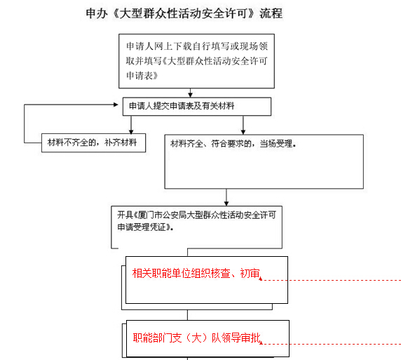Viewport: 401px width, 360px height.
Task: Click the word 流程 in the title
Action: point(271,13)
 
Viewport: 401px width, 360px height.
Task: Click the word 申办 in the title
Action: point(97,13)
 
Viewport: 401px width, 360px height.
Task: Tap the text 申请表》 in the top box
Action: point(142,76)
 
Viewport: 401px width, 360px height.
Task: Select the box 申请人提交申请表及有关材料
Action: point(197,106)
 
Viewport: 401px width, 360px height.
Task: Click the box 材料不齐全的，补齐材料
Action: point(94,142)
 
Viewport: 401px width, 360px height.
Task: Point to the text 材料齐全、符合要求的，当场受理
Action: point(233,144)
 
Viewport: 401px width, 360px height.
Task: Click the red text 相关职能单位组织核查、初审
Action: point(196,274)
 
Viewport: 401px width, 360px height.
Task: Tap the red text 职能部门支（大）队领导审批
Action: point(197,338)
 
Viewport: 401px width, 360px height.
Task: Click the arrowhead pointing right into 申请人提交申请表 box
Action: point(116,105)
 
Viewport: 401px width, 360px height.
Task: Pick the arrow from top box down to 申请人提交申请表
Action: point(190,93)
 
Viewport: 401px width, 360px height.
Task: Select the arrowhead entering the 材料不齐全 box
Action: point(131,132)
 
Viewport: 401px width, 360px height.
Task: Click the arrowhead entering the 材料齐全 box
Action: point(243,132)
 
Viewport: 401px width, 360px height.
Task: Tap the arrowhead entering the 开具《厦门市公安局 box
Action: point(226,204)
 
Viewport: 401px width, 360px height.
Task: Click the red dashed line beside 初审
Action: point(331,280)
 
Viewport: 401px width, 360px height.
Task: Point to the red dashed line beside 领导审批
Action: point(331,344)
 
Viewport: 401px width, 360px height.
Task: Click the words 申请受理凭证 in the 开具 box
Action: point(142,227)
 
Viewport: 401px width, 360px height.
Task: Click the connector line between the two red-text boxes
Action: point(187,315)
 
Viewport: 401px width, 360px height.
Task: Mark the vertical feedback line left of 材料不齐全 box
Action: point(25,124)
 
